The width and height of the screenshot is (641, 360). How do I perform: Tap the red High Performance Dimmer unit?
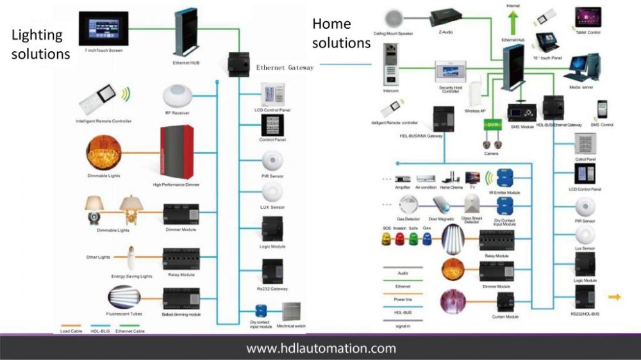point(177,153)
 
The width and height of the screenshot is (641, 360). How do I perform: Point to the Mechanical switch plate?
point(292,311)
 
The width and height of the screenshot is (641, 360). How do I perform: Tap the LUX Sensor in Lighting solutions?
point(272,192)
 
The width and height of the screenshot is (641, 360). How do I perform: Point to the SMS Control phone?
point(603,109)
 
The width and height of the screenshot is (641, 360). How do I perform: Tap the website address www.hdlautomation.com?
point(320,348)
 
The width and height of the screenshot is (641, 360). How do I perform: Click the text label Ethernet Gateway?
point(285,67)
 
